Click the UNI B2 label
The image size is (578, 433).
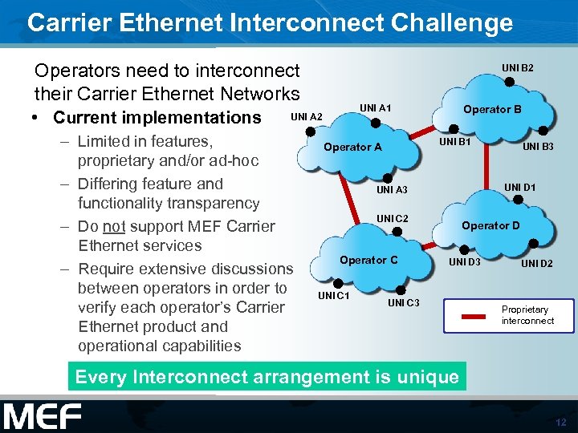(x=518, y=67)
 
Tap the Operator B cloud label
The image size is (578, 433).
(x=492, y=109)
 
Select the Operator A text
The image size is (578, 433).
(x=352, y=147)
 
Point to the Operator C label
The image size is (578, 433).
(x=368, y=260)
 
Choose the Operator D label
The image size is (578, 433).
(x=490, y=225)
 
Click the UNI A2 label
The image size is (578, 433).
(x=306, y=117)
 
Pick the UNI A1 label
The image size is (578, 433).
(x=376, y=107)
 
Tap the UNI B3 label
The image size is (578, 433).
(x=539, y=147)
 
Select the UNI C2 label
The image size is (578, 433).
(x=393, y=219)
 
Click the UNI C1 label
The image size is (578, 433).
(x=334, y=296)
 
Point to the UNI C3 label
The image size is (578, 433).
(x=404, y=302)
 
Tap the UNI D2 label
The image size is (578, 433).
(x=537, y=263)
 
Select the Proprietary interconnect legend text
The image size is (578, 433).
(x=527, y=315)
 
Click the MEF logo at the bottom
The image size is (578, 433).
(x=42, y=416)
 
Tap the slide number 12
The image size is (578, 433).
(x=560, y=422)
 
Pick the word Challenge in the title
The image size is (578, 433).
(x=453, y=22)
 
